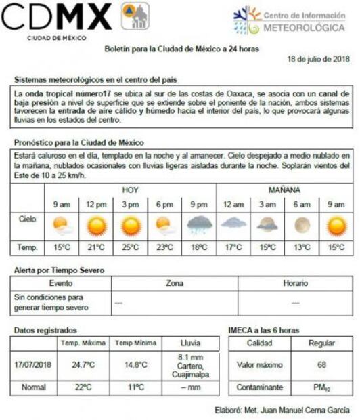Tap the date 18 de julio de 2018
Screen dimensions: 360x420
tap(318, 60)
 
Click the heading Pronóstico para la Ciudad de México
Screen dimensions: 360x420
tap(79, 142)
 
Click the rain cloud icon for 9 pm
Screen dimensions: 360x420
tap(199, 224)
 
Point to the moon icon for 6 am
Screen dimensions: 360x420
tap(300, 224)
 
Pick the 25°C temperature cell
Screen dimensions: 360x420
tap(130, 247)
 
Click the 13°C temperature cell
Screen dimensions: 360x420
tap(300, 247)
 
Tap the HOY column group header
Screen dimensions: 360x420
tap(131, 190)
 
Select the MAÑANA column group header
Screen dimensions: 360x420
tap(284, 190)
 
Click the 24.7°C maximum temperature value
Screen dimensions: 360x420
tap(83, 365)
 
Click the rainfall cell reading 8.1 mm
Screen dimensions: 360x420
tap(190, 365)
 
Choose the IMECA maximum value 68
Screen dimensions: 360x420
tap(321, 365)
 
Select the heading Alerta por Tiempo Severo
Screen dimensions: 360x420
tap(59, 270)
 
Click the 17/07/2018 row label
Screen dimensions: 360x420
tap(33, 365)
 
